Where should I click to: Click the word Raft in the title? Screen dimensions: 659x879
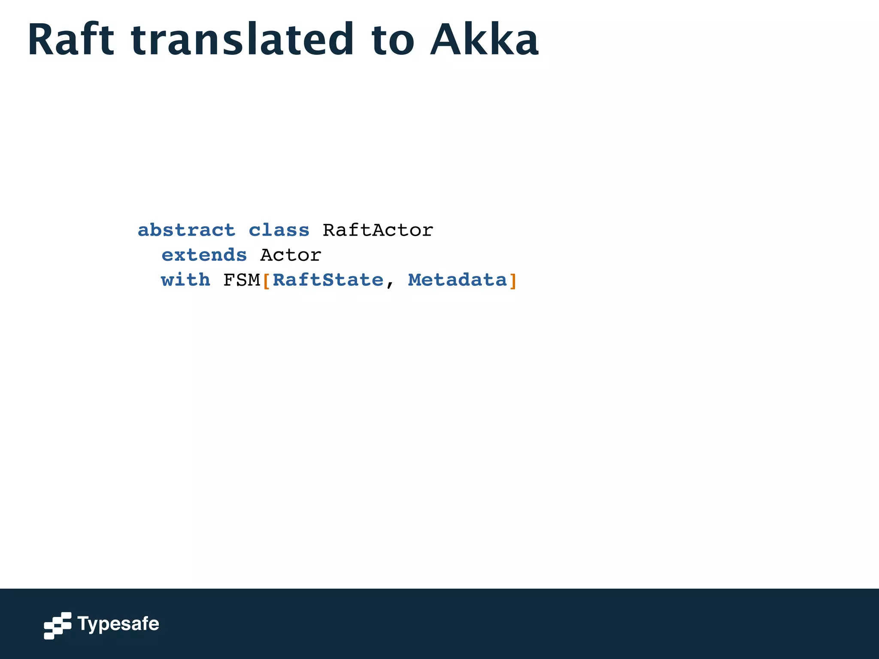click(x=71, y=40)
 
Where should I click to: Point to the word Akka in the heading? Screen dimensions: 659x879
click(x=484, y=40)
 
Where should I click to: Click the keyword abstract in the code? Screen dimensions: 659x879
click(x=186, y=230)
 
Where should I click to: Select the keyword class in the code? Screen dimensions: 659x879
click(x=279, y=230)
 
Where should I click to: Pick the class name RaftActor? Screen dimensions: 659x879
click(x=378, y=230)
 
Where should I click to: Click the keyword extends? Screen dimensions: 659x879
click(x=204, y=255)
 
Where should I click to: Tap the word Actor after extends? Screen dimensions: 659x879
click(x=291, y=255)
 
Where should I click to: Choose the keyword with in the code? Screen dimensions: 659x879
click(x=185, y=280)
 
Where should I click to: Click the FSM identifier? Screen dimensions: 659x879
click(x=242, y=280)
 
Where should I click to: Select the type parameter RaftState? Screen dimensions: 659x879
click(x=328, y=280)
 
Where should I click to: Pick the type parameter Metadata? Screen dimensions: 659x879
click(x=458, y=280)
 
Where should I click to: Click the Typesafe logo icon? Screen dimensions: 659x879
click(x=58, y=626)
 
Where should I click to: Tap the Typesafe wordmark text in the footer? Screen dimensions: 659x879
click(x=118, y=624)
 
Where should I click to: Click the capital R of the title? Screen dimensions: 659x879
click(x=41, y=40)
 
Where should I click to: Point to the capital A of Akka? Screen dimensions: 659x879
click(x=446, y=40)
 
